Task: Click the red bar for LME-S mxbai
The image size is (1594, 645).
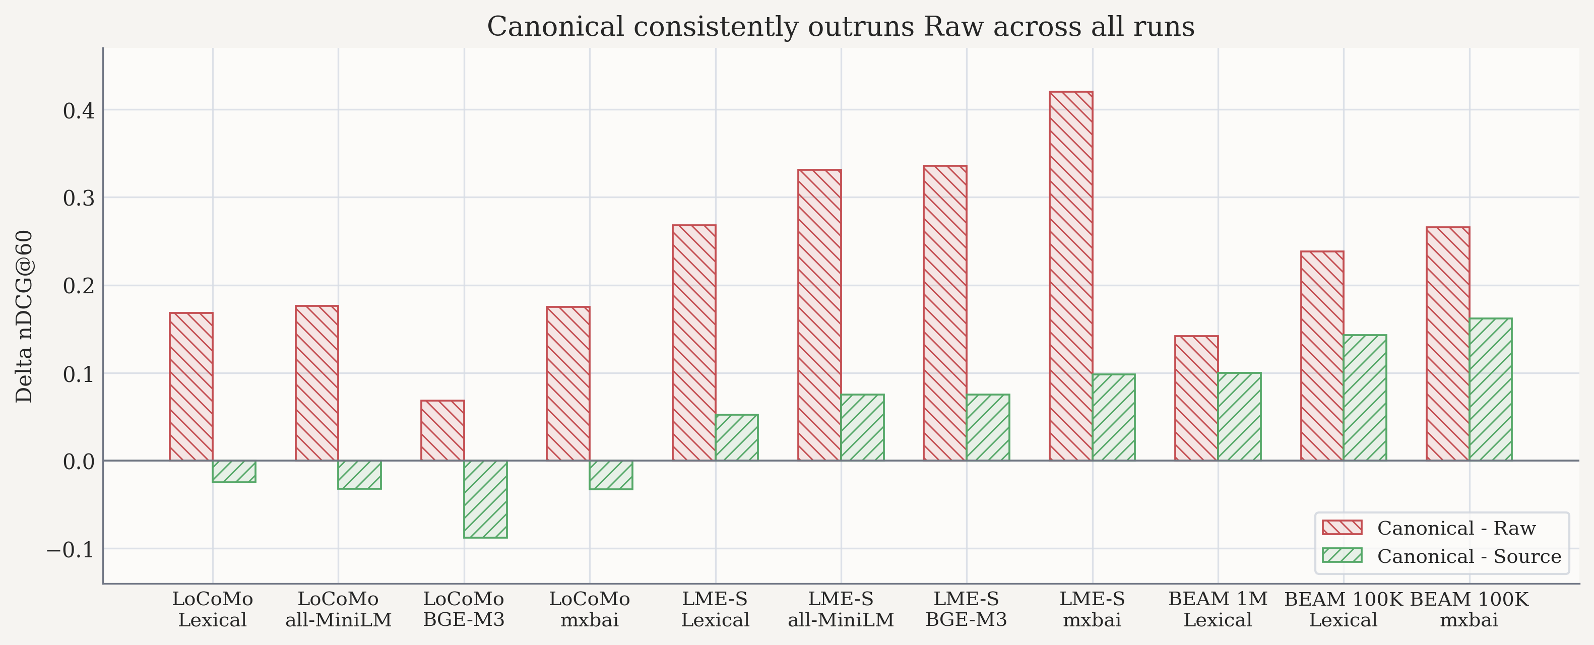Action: click(x=1070, y=276)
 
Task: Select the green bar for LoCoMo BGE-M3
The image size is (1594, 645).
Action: click(x=485, y=499)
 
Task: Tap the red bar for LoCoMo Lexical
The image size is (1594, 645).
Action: click(x=191, y=387)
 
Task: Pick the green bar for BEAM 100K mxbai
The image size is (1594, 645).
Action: click(x=1491, y=390)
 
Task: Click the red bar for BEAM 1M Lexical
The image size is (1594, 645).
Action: click(x=1196, y=398)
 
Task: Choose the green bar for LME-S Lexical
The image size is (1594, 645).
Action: click(x=736, y=437)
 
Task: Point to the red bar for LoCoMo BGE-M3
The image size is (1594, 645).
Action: click(x=442, y=430)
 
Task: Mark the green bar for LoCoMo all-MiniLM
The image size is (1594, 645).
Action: click(x=359, y=475)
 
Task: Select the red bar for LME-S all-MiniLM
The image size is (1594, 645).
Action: click(x=819, y=315)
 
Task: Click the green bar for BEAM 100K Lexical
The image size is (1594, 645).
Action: click(x=1365, y=398)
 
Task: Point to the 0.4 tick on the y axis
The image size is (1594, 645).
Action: click(x=79, y=111)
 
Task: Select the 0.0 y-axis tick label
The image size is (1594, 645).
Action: click(x=79, y=462)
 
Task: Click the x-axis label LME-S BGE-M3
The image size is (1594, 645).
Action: click(x=966, y=609)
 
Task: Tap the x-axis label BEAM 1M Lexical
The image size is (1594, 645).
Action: click(x=1218, y=609)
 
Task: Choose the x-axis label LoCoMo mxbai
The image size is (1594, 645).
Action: click(x=589, y=609)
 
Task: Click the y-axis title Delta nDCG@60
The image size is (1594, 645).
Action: click(x=24, y=316)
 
